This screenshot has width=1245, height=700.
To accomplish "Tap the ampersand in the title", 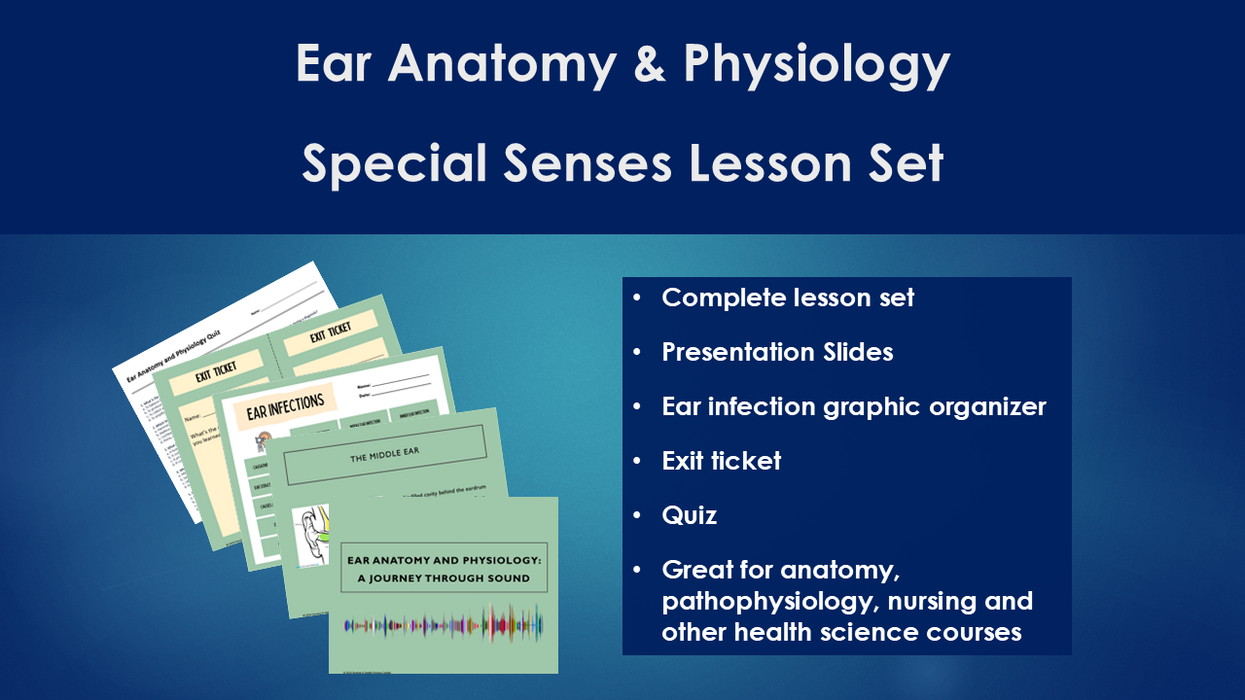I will point(650,64).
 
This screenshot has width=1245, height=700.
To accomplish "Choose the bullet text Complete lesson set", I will point(788,297).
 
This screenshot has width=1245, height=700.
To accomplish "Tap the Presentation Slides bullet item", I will point(777,352).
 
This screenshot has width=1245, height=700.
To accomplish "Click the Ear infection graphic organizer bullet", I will point(853,406).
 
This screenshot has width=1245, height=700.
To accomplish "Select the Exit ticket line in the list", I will point(721,461).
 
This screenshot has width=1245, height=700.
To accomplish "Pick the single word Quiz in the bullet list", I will point(689,515).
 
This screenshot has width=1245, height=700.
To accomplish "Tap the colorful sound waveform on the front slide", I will point(444,623).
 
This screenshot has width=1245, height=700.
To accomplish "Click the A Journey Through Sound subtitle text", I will point(444,578).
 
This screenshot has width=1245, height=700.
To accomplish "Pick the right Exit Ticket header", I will point(331,335).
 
